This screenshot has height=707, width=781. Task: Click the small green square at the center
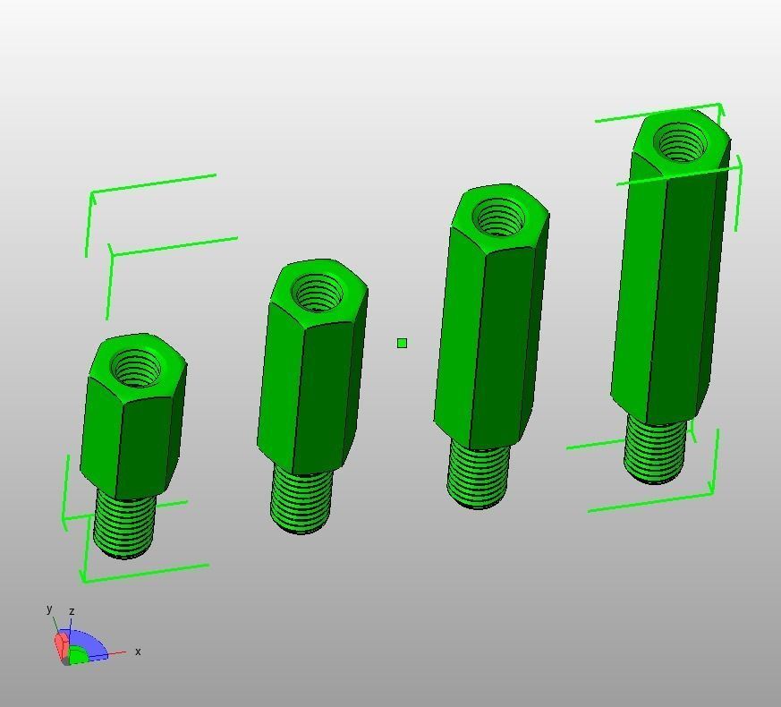(x=402, y=343)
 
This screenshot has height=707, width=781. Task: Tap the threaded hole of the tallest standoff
(x=680, y=142)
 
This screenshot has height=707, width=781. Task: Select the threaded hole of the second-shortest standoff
(x=318, y=294)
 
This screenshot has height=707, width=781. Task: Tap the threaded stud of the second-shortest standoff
(x=301, y=501)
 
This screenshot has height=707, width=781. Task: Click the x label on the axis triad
(x=138, y=652)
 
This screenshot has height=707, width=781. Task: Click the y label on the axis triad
(x=50, y=609)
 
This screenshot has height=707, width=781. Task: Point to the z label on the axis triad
(x=72, y=612)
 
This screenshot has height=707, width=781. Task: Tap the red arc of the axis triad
(x=61, y=643)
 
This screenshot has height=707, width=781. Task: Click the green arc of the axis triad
(x=79, y=656)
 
